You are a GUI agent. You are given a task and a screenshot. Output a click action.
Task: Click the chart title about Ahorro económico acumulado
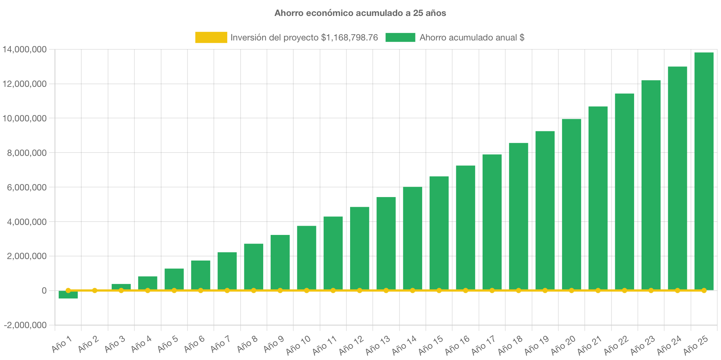(360, 13)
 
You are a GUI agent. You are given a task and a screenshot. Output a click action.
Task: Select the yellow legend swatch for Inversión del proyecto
(211, 37)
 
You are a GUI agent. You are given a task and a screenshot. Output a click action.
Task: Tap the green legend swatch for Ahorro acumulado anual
(400, 37)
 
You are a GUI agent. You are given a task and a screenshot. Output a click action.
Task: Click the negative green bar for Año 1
(68, 295)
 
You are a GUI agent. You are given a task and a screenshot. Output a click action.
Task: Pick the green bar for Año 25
(704, 171)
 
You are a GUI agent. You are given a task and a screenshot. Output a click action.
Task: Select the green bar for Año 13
(386, 243)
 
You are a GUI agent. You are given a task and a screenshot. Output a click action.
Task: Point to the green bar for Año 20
(571, 204)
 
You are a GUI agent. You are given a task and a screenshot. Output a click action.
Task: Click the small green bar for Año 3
(121, 287)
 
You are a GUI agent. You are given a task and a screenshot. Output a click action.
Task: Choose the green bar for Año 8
(254, 266)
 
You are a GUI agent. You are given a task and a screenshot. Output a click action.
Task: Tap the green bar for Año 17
(492, 222)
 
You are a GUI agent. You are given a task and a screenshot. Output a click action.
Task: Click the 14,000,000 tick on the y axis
(25, 49)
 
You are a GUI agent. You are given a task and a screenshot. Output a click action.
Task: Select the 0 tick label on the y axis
(44, 291)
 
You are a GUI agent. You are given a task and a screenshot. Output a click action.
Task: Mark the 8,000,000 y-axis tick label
(27, 153)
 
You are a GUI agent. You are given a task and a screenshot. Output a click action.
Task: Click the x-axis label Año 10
(298, 345)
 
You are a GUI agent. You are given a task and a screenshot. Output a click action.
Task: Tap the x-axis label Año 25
(696, 345)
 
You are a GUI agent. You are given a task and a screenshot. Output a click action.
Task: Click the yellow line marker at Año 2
(95, 290)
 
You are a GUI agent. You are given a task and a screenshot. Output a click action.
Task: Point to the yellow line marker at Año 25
(704, 290)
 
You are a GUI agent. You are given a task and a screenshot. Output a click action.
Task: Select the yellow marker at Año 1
(68, 290)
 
